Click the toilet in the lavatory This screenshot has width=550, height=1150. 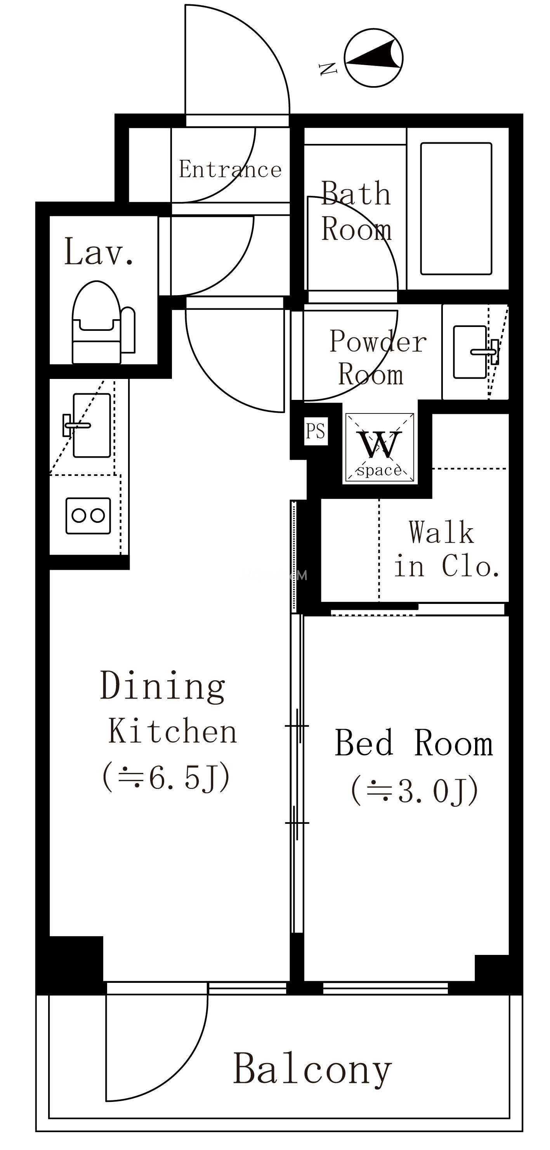coord(103,322)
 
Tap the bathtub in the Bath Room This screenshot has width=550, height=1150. coord(456,209)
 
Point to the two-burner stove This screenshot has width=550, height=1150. coord(88,515)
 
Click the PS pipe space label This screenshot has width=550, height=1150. coord(316,431)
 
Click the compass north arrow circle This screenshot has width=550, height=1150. coord(374,58)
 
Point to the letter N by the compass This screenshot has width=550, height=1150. coord(328,69)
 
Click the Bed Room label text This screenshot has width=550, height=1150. coord(414,742)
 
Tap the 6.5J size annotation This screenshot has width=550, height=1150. coord(167,777)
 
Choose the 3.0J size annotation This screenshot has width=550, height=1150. coord(415,790)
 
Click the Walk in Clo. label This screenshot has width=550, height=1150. coord(446,549)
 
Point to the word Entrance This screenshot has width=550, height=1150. coord(230,169)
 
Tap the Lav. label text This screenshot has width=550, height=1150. coord(99,252)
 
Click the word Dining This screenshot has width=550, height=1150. coord(163,686)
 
